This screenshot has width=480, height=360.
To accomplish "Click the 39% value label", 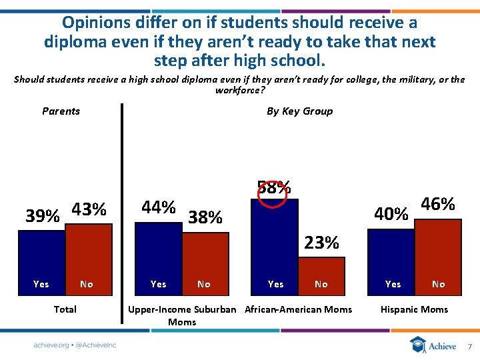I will coord(42,217).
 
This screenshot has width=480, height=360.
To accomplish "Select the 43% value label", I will coord(89,209).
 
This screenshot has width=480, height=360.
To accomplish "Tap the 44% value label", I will coord(159,207).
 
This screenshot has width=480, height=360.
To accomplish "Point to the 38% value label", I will coord(205,217).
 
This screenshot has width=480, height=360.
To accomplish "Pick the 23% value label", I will coord(321,243).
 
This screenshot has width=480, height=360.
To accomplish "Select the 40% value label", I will coord(391,214).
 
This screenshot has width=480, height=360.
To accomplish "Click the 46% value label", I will coord(438,204).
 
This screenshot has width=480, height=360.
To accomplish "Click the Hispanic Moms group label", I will coord(414,309).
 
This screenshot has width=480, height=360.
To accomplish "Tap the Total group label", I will coord(65,309).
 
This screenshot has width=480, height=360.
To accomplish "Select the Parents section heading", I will coord(61,111).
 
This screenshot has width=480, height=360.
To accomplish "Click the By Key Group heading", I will coord(299,111).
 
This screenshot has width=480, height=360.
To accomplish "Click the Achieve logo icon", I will coord(418,345).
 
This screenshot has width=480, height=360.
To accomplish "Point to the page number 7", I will coord(469,347).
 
